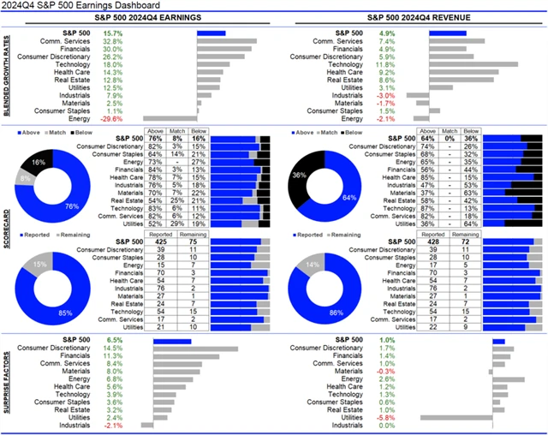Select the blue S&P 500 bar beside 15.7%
(211, 33)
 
